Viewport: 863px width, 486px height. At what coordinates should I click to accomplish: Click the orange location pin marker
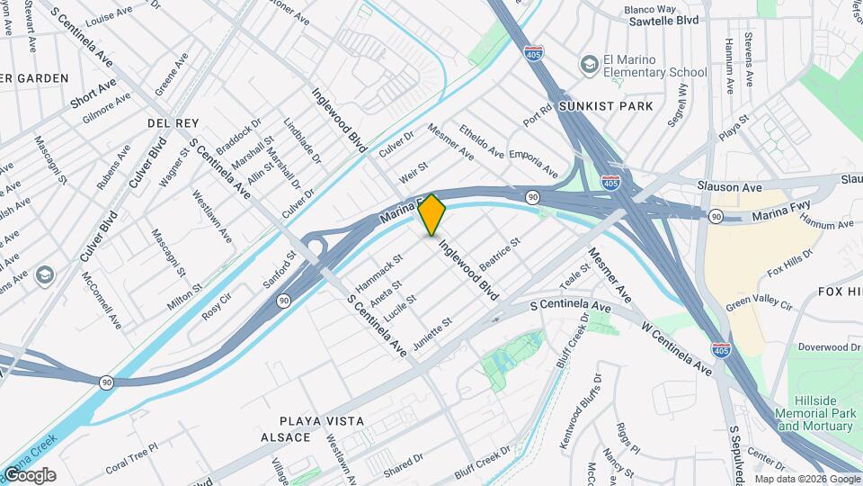(x=431, y=213)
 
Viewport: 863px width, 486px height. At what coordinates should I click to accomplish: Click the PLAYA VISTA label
(x=321, y=421)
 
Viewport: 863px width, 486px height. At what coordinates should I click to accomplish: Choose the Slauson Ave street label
(x=730, y=186)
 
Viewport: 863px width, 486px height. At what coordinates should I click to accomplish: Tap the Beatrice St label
(x=500, y=255)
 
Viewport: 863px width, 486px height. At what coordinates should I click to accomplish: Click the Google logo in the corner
(x=30, y=475)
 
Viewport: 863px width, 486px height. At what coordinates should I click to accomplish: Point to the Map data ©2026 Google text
(x=806, y=479)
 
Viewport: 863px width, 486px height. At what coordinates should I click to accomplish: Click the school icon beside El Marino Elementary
(x=589, y=65)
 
